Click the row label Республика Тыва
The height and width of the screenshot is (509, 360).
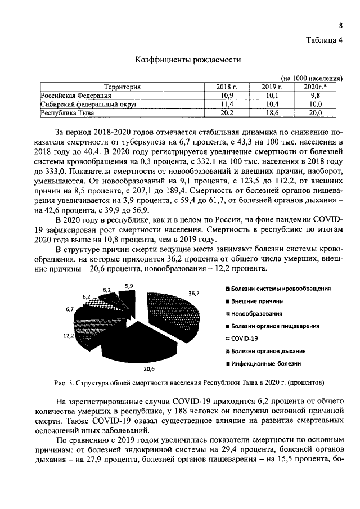pos(67,113)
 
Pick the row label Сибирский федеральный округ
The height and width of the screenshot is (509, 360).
pos(88,104)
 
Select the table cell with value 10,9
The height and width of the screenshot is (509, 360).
pos(228,96)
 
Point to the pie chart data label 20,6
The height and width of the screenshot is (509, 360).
pos(149,369)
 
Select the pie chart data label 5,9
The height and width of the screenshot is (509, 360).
pos(129,286)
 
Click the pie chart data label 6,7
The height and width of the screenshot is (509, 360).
pos(70,309)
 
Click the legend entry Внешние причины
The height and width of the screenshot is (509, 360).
pos(256,301)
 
